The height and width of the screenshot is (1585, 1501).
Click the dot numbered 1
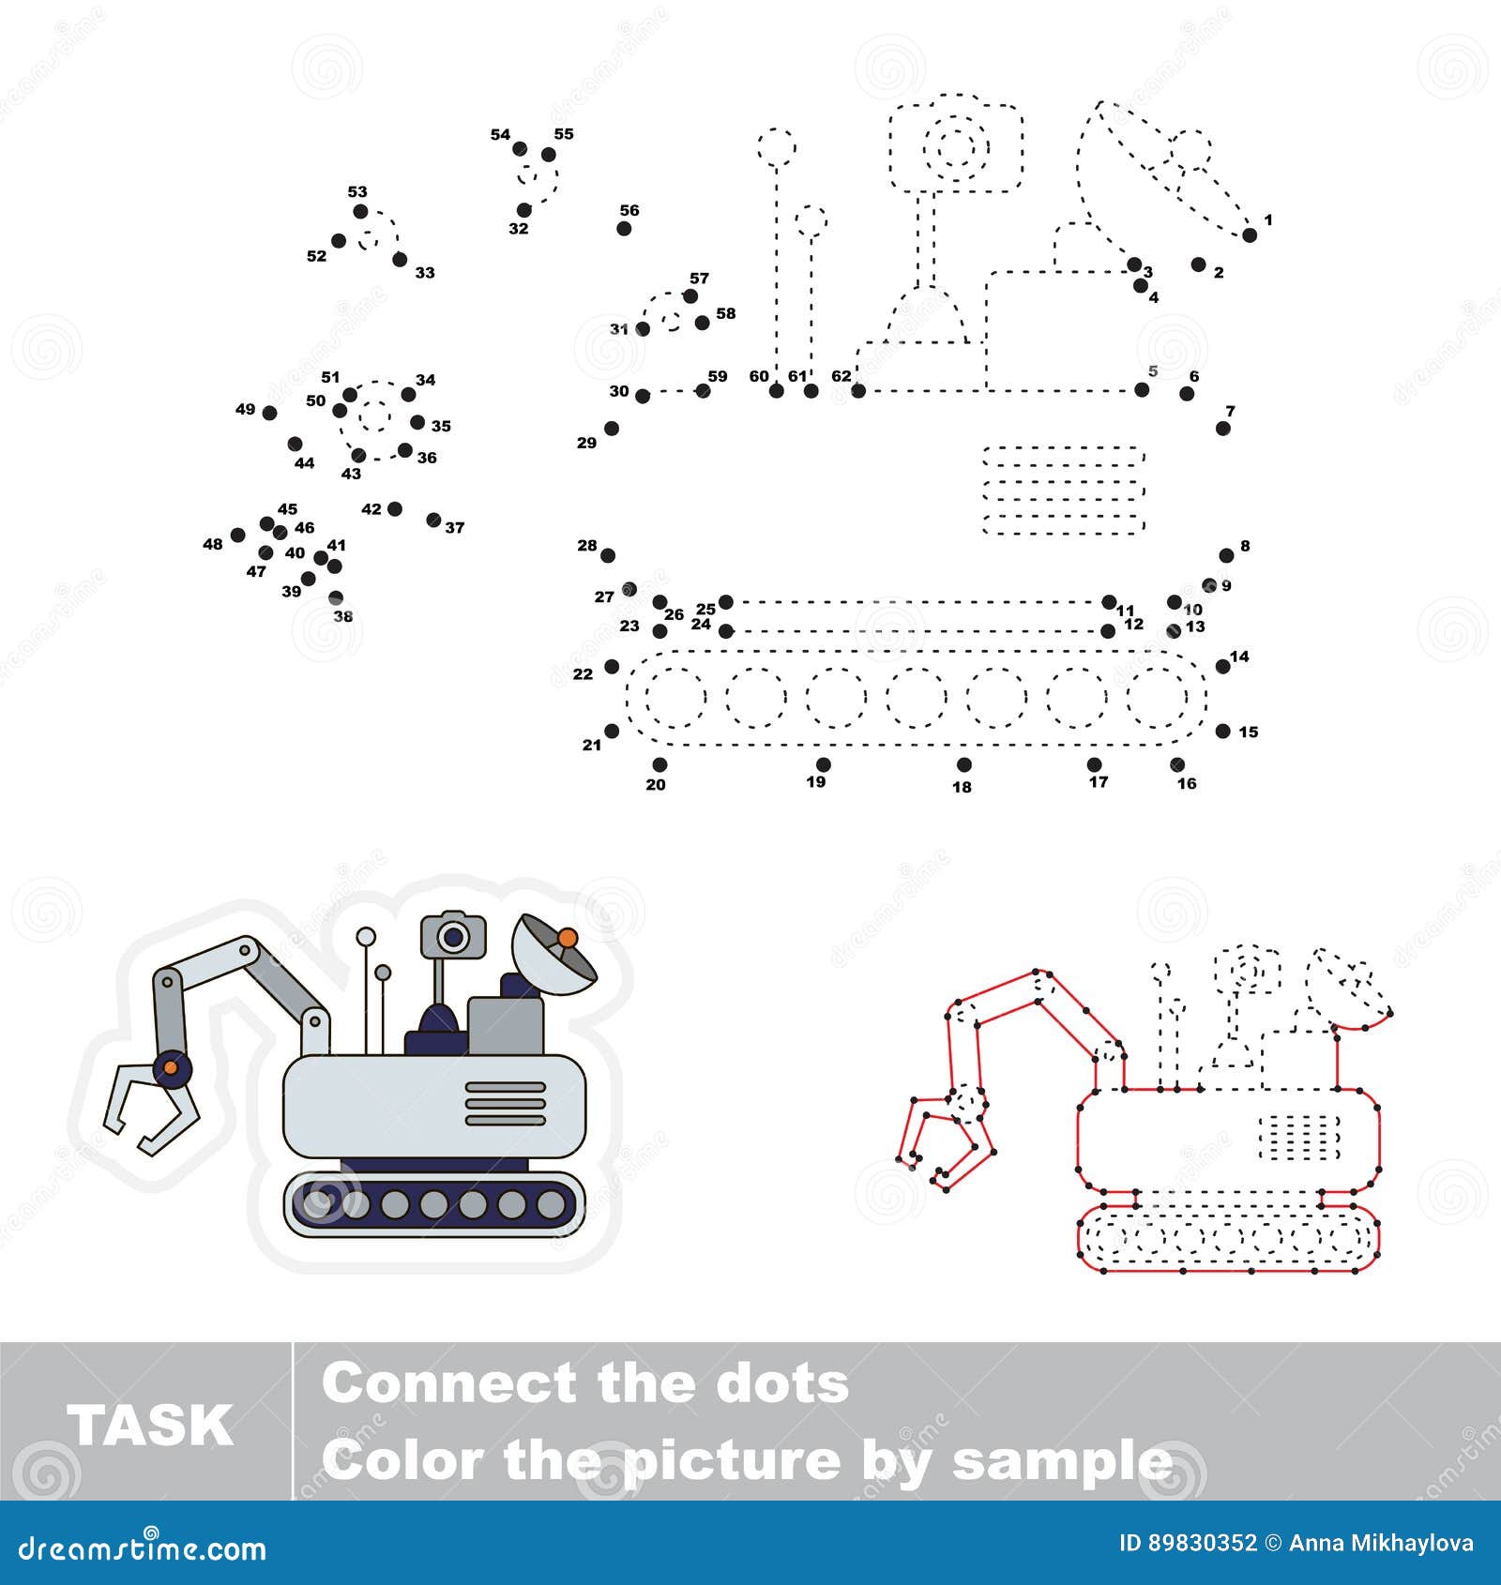1249,235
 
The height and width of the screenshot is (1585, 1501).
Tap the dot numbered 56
624,228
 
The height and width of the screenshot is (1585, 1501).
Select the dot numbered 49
269,413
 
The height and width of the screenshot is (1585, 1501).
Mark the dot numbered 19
823,764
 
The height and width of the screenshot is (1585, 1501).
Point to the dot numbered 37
432,520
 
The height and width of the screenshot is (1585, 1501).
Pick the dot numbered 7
1222,428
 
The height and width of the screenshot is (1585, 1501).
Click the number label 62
841,376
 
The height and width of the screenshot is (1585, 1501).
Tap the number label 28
587,545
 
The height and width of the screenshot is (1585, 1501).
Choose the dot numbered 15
1222,731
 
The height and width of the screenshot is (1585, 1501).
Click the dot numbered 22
612,667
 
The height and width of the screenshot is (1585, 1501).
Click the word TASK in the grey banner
149,1426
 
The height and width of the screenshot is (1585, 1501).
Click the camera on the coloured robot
453,935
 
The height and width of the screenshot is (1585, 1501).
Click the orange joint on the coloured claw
171,1066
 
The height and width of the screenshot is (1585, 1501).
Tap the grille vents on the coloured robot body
506,1103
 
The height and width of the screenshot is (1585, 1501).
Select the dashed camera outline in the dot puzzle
955,146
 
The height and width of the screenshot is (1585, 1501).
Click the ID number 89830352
1203,1543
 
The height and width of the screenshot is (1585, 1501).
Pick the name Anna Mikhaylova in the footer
1381,1543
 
